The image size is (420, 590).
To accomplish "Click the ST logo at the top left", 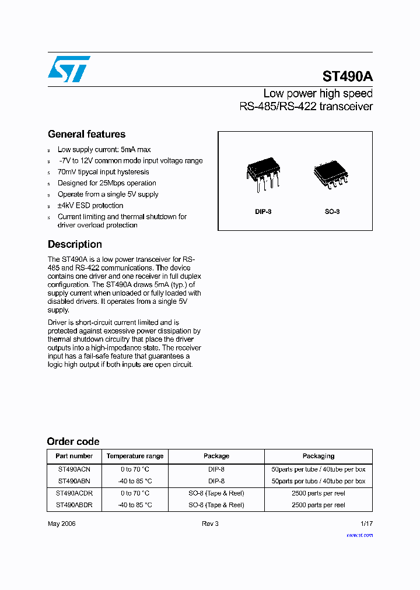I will pos(69,69).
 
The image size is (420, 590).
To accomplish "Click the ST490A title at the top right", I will pos(347,76).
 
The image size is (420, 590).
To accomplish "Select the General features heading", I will pos(86,134).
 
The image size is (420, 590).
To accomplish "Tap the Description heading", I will pos(75,244).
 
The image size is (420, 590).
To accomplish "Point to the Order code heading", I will pos(73,441).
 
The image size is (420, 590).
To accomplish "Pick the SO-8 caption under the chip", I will pos(332,212).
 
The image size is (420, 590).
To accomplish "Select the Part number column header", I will pos(74,456).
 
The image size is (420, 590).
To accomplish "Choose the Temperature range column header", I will pos(135,456).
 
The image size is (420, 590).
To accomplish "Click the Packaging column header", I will pos(318,456).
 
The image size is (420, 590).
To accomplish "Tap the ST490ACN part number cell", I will pos(74,469).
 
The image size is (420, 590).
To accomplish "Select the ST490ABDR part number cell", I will pos(74,505).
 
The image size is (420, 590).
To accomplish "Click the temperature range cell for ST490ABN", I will pos(135,481).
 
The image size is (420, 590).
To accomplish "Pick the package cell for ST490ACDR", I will pos(216,493).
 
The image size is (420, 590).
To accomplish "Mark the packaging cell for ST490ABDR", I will pos(318,505).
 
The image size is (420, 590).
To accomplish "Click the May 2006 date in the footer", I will pos(61,524).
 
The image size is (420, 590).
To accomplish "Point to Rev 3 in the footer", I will pos(210,524).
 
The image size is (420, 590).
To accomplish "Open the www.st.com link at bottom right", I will pos(359,535).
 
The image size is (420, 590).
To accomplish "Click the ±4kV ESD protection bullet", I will pos(90,205).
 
